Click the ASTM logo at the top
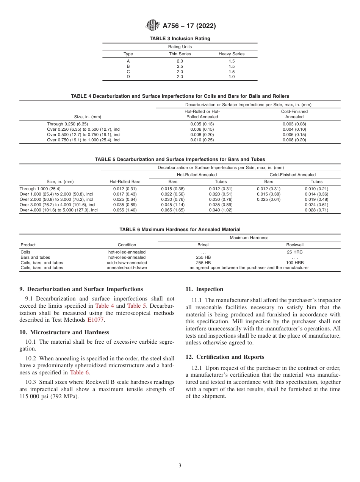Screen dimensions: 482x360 click(153, 26)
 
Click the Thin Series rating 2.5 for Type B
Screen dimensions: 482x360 click(180, 66)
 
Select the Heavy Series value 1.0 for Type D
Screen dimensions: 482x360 click(232, 77)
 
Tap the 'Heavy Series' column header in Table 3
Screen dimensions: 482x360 click(232, 54)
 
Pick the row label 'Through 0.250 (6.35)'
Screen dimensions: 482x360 click(67, 124)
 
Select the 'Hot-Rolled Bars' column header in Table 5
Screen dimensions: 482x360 click(125, 182)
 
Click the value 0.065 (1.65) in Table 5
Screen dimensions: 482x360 click(173, 210)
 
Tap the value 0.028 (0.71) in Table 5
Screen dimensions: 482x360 click(316, 210)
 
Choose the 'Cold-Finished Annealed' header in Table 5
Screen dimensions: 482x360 click(293, 175)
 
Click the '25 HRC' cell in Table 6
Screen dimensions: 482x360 click(295, 252)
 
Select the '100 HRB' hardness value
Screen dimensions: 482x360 click(295, 263)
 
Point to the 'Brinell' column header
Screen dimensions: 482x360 click(203, 245)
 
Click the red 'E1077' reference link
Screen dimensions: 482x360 click(96, 320)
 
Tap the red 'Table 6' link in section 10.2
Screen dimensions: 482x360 click(80, 372)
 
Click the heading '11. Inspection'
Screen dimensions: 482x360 click(204, 289)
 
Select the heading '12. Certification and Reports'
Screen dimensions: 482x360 click(225, 357)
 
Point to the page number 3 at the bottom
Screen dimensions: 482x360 click(180, 466)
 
